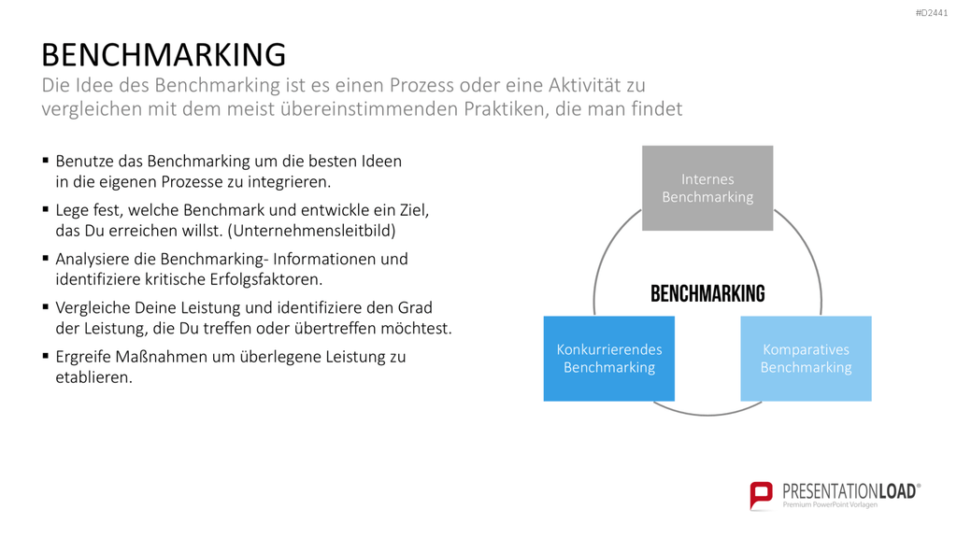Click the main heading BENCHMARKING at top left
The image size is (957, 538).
tap(164, 55)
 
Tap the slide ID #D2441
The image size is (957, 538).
tap(932, 13)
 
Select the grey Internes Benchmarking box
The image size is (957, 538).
tap(707, 188)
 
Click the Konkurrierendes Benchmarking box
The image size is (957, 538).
tap(609, 359)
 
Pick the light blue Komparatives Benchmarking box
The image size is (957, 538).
tap(806, 359)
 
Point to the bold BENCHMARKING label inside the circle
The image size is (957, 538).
tap(707, 294)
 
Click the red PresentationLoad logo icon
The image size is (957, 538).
tap(761, 495)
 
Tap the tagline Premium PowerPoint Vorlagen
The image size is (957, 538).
tap(830, 504)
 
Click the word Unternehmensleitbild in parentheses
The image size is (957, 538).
tap(314, 231)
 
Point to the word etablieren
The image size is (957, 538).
tap(94, 377)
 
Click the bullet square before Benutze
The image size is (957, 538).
tap(46, 161)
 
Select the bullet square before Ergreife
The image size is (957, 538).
tap(46, 356)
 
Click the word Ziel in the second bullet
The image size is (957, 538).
tap(414, 210)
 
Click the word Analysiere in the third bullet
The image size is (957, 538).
tap(93, 260)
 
